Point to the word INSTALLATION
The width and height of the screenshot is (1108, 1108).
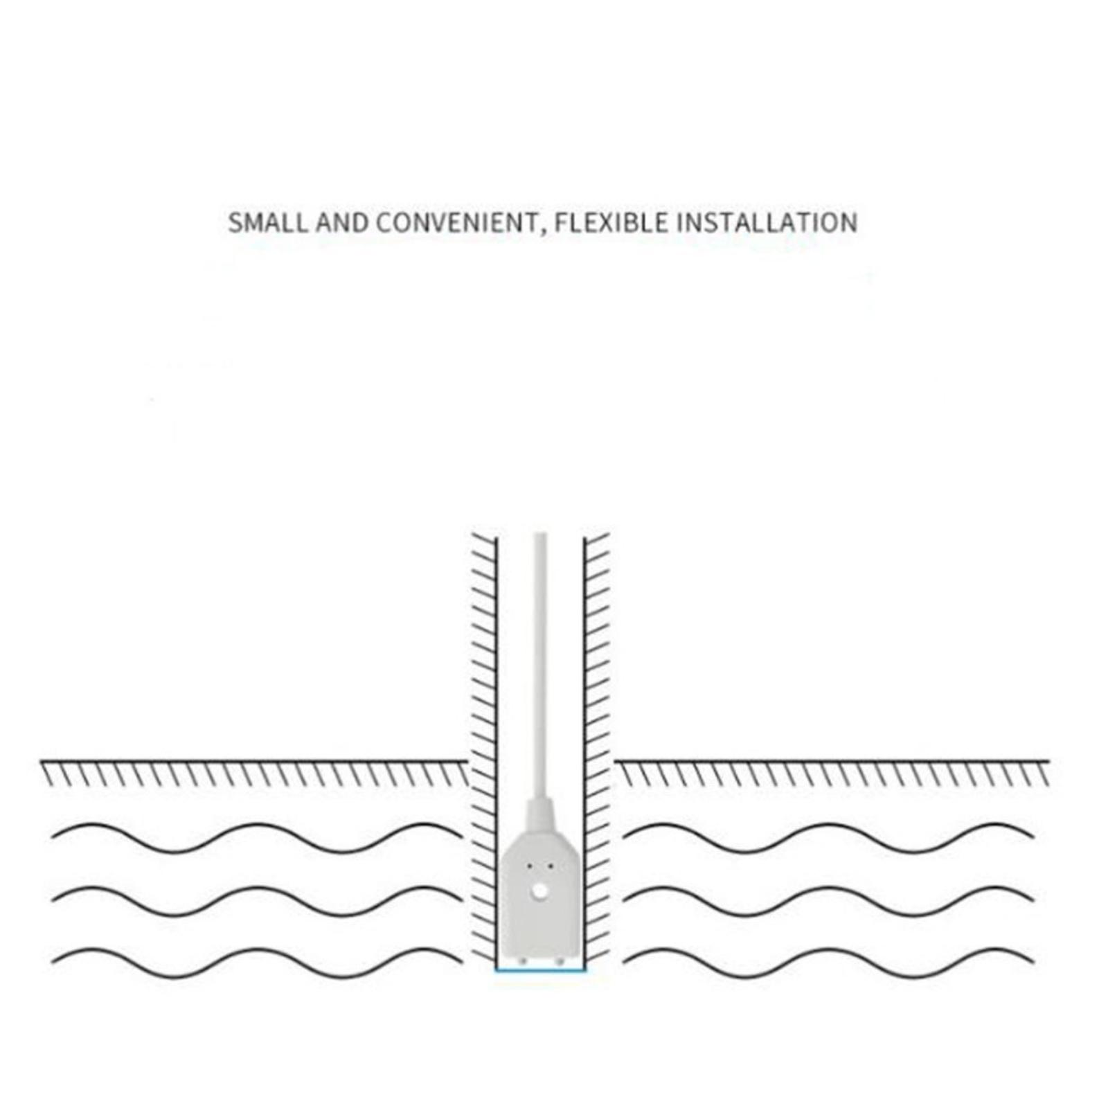[767, 223]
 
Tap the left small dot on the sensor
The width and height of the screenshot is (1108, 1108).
[530, 866]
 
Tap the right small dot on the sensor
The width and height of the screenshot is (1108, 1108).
[550, 866]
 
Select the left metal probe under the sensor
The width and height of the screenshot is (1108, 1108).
[523, 961]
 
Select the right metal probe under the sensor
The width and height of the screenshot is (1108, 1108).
[559, 961]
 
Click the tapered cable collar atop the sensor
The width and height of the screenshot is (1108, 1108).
[541, 818]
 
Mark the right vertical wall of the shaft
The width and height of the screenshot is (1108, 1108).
[584, 751]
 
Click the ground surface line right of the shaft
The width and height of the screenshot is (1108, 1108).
[832, 762]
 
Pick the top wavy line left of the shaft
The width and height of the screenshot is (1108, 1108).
[257, 839]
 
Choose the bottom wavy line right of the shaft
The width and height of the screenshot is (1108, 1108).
[828, 963]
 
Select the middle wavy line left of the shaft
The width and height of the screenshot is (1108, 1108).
[257, 901]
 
